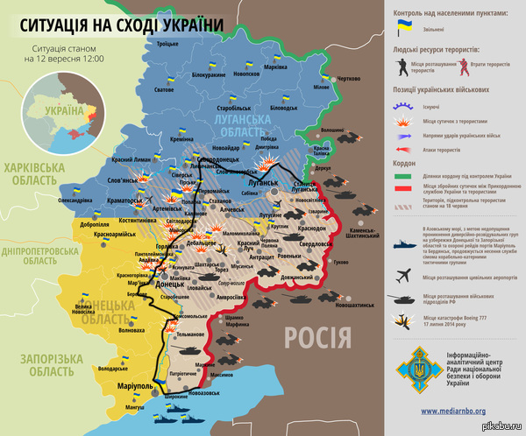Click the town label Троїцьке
click(167, 44)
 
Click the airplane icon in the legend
click(405, 275)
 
